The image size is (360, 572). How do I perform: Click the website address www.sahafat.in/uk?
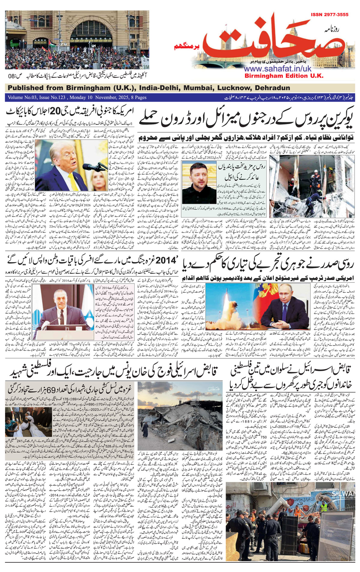(277, 69)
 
